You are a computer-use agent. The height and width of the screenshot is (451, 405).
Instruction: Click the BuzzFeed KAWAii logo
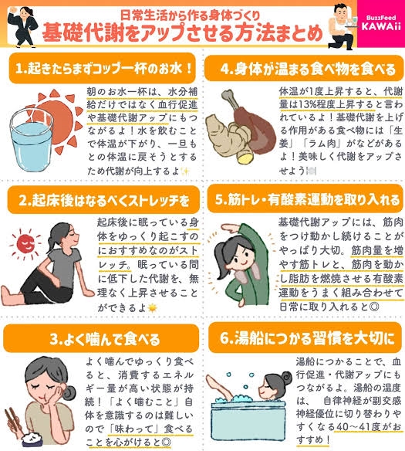381,22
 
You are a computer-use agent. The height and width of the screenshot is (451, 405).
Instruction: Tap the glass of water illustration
32,140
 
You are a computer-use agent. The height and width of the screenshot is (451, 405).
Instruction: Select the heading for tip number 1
103,69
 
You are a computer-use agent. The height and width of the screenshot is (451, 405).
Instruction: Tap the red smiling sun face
25,244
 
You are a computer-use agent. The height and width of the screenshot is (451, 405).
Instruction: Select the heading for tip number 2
103,200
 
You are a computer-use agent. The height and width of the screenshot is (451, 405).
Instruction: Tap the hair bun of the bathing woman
286,377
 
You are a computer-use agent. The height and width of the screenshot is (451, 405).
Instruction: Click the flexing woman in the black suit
24,26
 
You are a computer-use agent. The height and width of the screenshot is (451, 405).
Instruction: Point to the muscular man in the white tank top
344,26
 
